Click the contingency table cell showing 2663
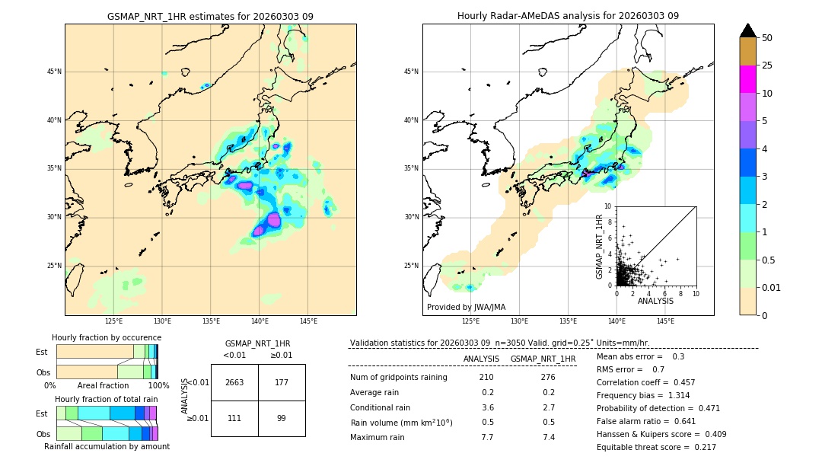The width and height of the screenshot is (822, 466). pyautogui.click(x=234, y=382)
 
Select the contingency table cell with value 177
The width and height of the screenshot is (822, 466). pyautogui.click(x=282, y=382)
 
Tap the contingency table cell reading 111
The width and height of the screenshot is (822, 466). pyautogui.click(x=234, y=418)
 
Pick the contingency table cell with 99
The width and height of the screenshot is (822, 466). pyautogui.click(x=282, y=418)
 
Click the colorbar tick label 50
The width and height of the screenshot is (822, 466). pyautogui.click(x=767, y=38)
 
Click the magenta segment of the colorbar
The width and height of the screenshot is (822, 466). pyautogui.click(x=748, y=79)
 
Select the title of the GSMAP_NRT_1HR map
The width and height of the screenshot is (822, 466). pyautogui.click(x=210, y=16)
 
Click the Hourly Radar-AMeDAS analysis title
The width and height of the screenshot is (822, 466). pyautogui.click(x=568, y=16)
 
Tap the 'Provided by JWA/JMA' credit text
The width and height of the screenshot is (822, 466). pyautogui.click(x=466, y=307)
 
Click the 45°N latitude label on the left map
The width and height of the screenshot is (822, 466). pyautogui.click(x=54, y=72)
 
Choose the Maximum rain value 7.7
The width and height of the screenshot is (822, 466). pyautogui.click(x=487, y=437)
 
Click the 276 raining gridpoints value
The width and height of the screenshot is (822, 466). pyautogui.click(x=547, y=377)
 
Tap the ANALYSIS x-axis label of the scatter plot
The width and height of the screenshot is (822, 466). pyautogui.click(x=655, y=301)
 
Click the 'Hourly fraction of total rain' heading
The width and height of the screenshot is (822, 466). pyautogui.click(x=107, y=399)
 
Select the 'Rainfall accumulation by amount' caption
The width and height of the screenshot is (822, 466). pyautogui.click(x=107, y=447)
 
